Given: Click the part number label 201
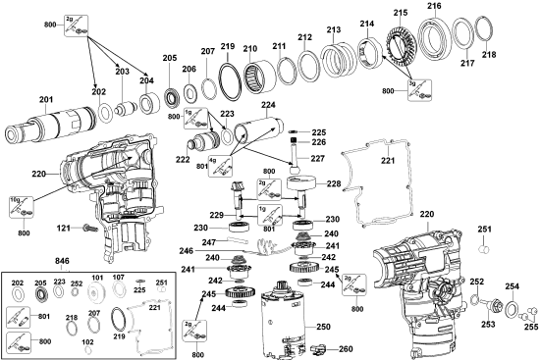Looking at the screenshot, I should coord(45,98).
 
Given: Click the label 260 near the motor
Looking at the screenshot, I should coord(345,348).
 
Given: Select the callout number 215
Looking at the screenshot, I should coord(400,11).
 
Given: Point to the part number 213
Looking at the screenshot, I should coord(334,29).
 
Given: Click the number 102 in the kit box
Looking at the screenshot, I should coord(87,343).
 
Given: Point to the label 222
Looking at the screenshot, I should coord(182,159).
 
